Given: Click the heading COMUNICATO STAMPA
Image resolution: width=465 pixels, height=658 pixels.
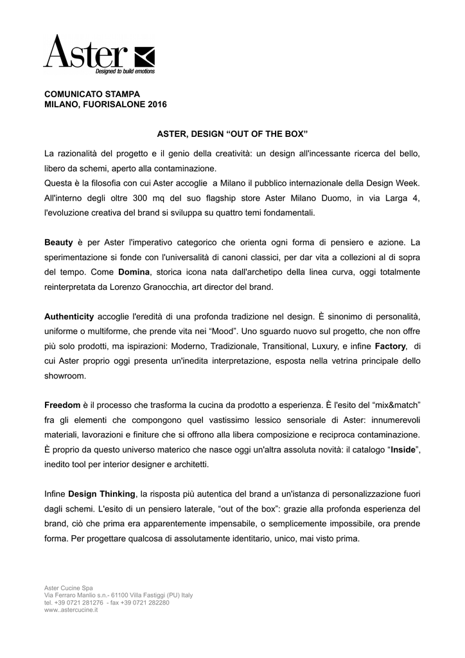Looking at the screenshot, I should click(x=87, y=94).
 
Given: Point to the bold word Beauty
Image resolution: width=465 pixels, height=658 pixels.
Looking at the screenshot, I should click(x=58, y=243).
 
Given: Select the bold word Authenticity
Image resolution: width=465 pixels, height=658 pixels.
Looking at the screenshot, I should click(x=69, y=317).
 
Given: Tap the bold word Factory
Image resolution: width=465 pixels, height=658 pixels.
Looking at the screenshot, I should click(x=390, y=346).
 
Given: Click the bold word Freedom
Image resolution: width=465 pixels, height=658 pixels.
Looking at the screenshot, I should click(x=62, y=405).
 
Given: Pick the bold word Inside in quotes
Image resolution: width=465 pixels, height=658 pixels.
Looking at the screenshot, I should click(x=401, y=449).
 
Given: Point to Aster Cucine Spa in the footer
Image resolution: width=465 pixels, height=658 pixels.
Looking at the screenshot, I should click(x=68, y=588).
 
